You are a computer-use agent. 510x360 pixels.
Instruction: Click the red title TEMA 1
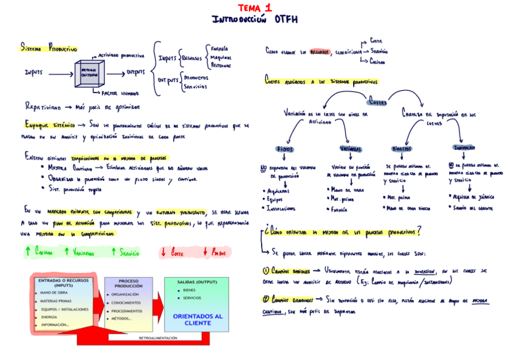click(x=254, y=8)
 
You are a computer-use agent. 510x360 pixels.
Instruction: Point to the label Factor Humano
click(x=120, y=94)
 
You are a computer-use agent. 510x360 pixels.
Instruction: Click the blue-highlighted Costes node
click(x=378, y=102)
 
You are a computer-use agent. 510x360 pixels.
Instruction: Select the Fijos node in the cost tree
click(x=284, y=149)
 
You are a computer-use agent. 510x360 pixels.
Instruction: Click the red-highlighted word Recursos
click(x=320, y=52)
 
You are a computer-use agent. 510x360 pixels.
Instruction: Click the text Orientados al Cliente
click(x=197, y=319)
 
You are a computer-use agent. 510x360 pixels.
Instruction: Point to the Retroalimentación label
click(x=158, y=338)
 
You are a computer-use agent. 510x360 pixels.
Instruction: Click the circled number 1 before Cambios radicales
click(x=266, y=271)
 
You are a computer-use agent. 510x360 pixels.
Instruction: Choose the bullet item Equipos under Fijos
click(x=278, y=200)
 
